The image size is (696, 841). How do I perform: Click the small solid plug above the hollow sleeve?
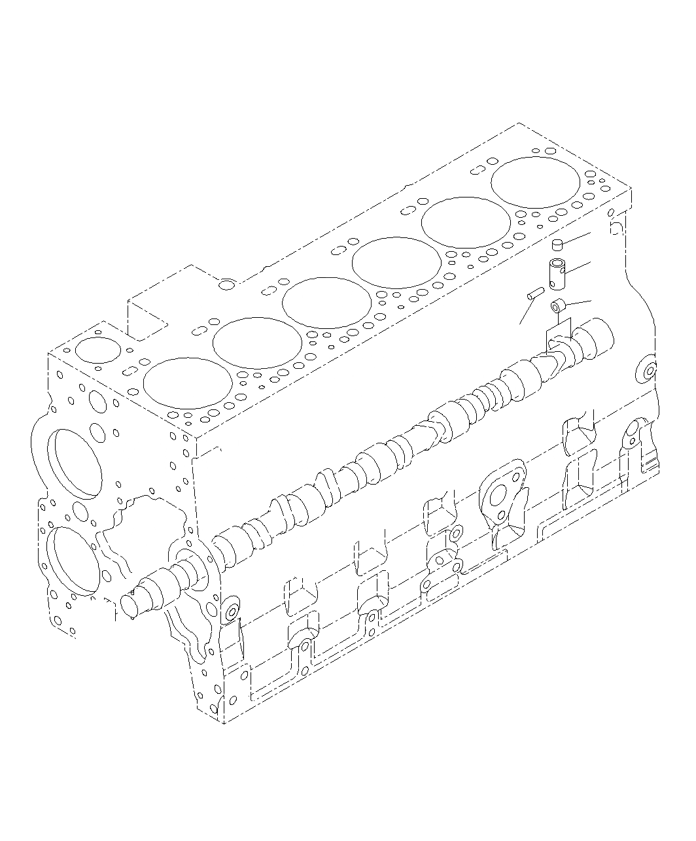558,245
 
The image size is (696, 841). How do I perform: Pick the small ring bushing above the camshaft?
557,305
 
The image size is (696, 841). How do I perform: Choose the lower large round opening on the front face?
73,560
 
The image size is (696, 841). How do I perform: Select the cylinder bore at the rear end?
534,182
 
